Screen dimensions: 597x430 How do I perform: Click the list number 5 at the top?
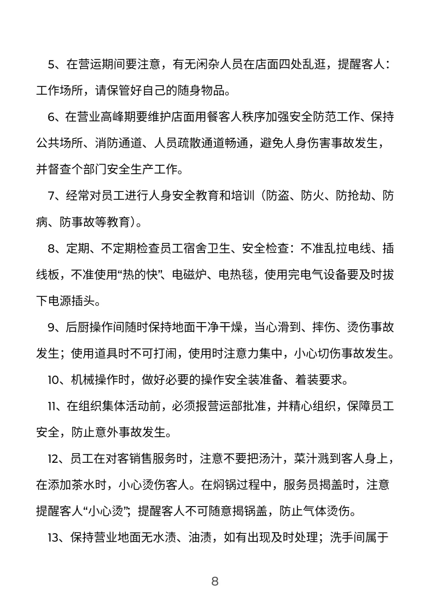(x=51, y=65)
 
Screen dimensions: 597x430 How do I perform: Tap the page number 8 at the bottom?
(x=215, y=581)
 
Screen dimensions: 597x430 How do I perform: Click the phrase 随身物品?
(x=201, y=91)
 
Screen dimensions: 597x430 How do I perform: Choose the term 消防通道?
(x=119, y=143)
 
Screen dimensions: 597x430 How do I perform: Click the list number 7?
(x=51, y=196)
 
